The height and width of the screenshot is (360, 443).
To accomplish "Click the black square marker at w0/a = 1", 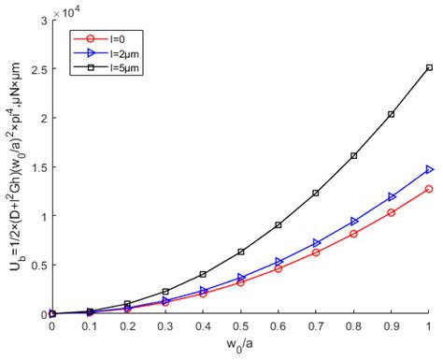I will pos(429,67).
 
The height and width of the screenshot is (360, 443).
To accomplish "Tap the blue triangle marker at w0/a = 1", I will pos(429,169).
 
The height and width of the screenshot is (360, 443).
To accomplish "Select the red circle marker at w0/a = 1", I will pos(429,189).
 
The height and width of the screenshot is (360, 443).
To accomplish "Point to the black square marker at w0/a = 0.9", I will pos(391,114).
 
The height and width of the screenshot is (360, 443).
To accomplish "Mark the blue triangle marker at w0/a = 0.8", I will pos(353,222).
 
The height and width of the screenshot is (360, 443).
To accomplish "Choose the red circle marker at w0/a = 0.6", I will pos(278,268).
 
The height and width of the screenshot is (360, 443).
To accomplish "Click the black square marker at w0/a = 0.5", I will pos(240,252).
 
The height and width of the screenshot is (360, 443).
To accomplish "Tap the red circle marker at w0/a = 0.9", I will pos(391,213).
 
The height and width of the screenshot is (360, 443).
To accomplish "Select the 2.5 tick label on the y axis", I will pos(37,67).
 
